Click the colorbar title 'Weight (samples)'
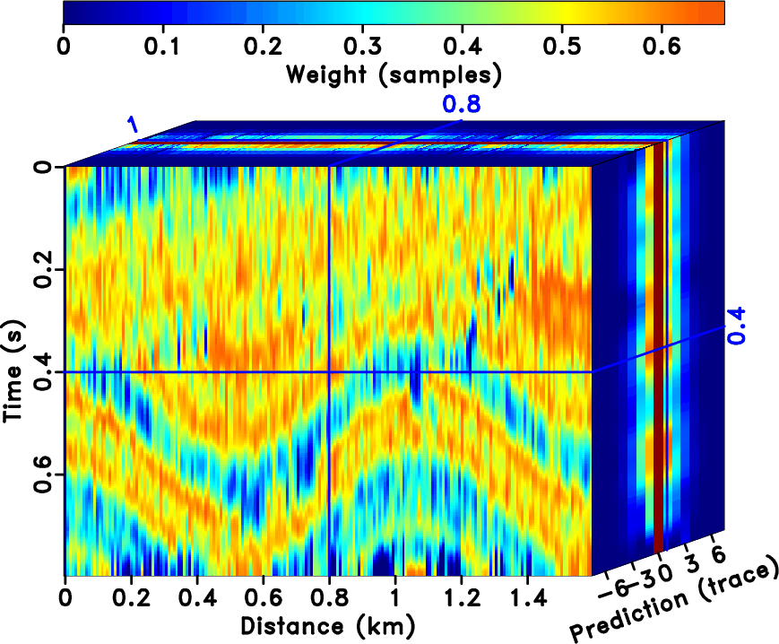pos(393,74)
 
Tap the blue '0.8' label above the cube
pos(461,105)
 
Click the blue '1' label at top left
pos(133,125)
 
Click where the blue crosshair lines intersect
pos(329,371)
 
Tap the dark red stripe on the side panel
pos(659,359)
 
